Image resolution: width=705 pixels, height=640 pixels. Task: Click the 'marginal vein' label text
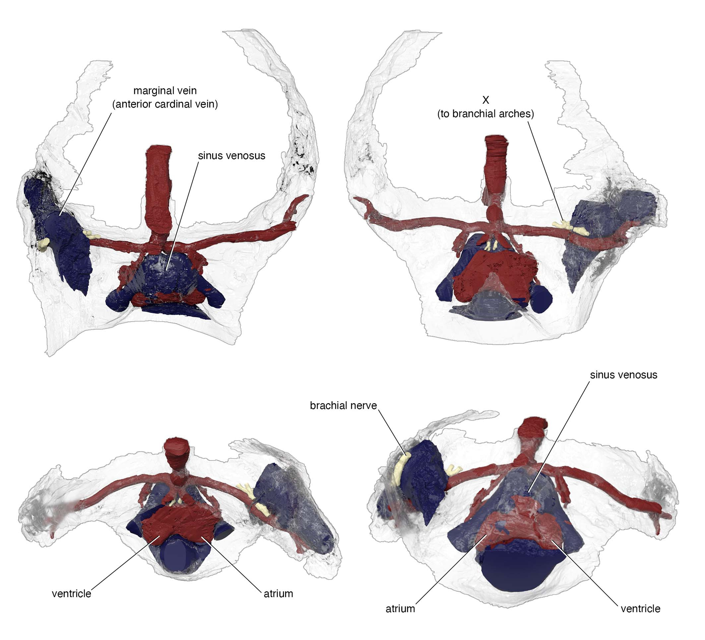click(x=165, y=91)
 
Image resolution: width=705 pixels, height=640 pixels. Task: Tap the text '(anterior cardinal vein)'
click(x=165, y=104)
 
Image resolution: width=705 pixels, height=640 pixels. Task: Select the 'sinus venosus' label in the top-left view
click(x=231, y=156)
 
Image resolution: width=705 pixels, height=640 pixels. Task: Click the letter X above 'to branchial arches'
click(x=485, y=100)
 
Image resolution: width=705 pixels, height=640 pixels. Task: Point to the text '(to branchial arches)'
click(x=485, y=114)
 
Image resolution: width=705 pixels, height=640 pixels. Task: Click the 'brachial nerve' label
click(x=344, y=405)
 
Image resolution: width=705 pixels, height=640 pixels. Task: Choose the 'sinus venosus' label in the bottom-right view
click(x=623, y=375)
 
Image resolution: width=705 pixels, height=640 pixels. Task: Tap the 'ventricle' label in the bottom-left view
click(x=71, y=594)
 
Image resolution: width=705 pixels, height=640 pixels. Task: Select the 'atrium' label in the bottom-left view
click(x=278, y=594)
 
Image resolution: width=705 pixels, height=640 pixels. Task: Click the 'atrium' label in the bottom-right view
click(x=400, y=609)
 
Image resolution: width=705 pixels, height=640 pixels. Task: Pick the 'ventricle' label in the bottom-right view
click(x=641, y=609)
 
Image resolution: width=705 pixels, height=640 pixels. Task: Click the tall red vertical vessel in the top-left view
click(x=159, y=191)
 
